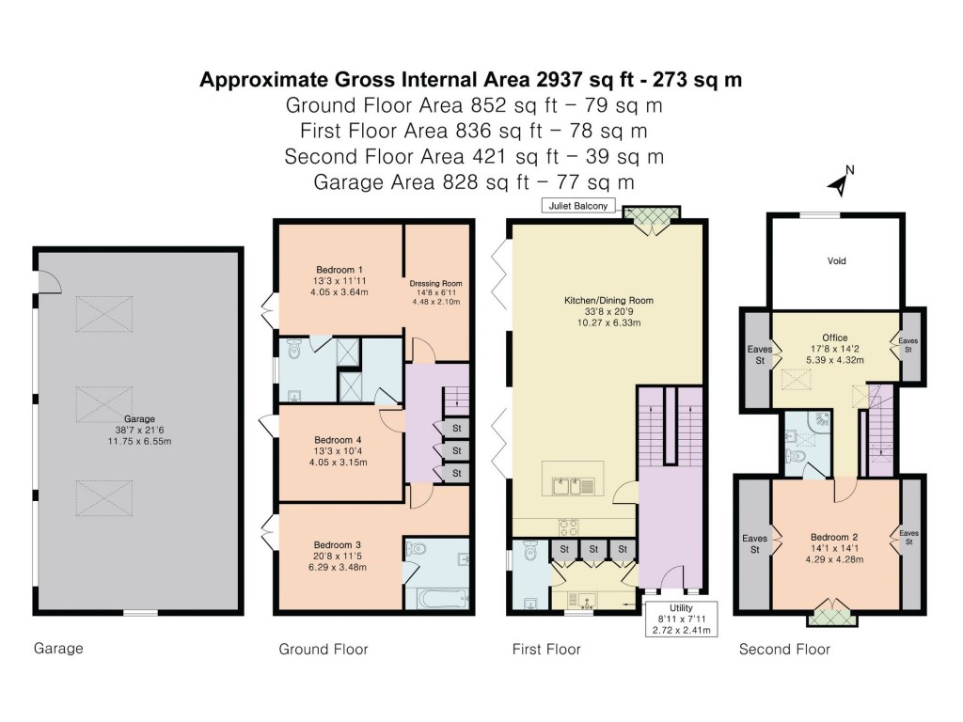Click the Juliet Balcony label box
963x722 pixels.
coord(577,206)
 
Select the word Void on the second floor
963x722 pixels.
coord(836,260)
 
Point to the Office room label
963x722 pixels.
coord(834,337)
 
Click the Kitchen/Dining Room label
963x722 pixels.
coord(608,301)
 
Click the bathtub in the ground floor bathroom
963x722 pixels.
coord(437,599)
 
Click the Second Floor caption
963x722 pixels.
coord(783,650)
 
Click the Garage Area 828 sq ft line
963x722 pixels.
coord(471,180)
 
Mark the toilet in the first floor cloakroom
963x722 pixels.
coord(529,553)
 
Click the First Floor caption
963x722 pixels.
coord(545,650)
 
